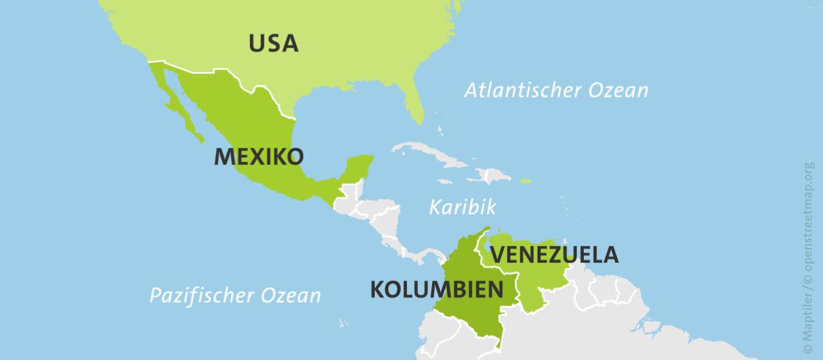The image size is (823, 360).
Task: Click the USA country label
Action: [274, 43]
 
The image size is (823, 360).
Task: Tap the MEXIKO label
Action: [258, 156]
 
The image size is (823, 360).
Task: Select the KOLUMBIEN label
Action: [437, 289]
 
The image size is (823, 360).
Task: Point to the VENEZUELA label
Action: [554, 255]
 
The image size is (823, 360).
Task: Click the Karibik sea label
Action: [462, 207]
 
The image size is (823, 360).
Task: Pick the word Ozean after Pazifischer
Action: [291, 296]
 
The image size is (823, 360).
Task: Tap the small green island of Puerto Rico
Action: [526, 181]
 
